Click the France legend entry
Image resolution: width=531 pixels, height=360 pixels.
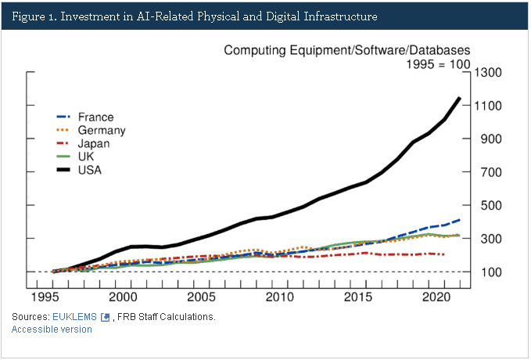[95, 117]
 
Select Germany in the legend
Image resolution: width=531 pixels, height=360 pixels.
[102, 131]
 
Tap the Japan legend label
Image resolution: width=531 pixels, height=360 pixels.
[93, 143]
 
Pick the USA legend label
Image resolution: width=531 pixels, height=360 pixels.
[90, 169]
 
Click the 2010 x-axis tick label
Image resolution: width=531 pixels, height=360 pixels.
[279, 298]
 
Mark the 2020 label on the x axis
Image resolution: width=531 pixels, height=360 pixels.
[435, 298]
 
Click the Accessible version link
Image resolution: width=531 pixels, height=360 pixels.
[52, 329]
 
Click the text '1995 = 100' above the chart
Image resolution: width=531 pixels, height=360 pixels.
[436, 64]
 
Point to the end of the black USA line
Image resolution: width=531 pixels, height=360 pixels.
[459, 98]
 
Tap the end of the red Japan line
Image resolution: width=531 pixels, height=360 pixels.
[444, 254]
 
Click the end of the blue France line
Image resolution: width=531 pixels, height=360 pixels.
[459, 220]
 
